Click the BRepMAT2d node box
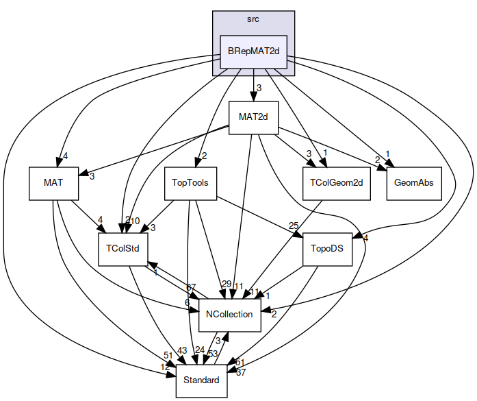point(253,51)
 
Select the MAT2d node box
point(253,117)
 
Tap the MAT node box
point(53,183)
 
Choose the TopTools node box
point(190,183)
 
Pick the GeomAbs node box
point(413,183)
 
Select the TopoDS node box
point(326,249)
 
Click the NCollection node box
point(229,315)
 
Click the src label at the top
point(253,19)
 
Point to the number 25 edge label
point(294,226)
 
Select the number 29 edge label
point(226,285)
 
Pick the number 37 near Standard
point(240,373)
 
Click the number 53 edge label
point(212,354)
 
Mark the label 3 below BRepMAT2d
point(259,87)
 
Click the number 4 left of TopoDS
point(366,239)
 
